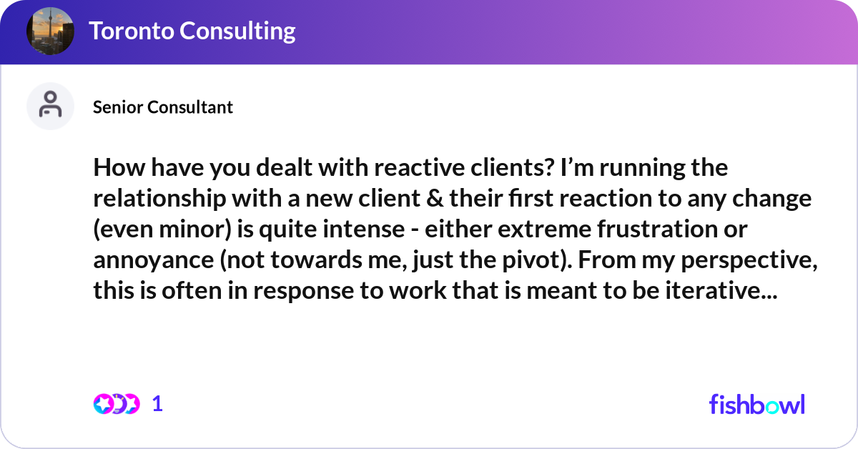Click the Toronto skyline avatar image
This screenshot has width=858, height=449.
click(50, 31)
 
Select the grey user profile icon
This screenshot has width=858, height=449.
click(50, 106)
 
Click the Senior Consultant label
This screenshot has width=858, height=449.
click(163, 107)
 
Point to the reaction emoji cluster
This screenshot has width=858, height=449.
click(116, 404)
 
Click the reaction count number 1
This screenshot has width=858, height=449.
click(158, 404)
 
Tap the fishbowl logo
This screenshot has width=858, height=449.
click(756, 404)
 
